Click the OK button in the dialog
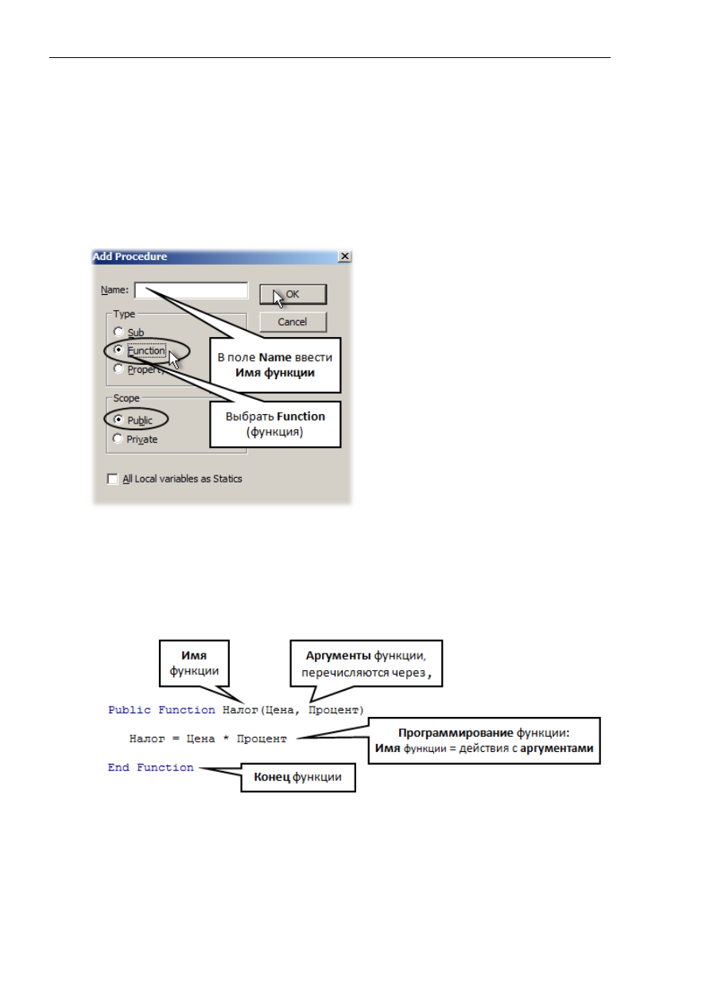(293, 294)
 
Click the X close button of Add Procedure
(344, 257)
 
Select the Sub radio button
(118, 331)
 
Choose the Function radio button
(118, 350)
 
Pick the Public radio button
(118, 420)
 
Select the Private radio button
(118, 438)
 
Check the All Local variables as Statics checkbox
(113, 479)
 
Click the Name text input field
(192, 290)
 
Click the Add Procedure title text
(130, 257)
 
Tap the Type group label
(124, 314)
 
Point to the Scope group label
(126, 398)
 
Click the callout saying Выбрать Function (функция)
(275, 424)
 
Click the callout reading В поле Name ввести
(275, 365)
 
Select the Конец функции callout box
(298, 777)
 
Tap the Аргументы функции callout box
(367, 663)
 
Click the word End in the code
(118, 767)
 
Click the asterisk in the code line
(226, 738)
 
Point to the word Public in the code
(130, 710)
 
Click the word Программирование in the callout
(456, 733)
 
